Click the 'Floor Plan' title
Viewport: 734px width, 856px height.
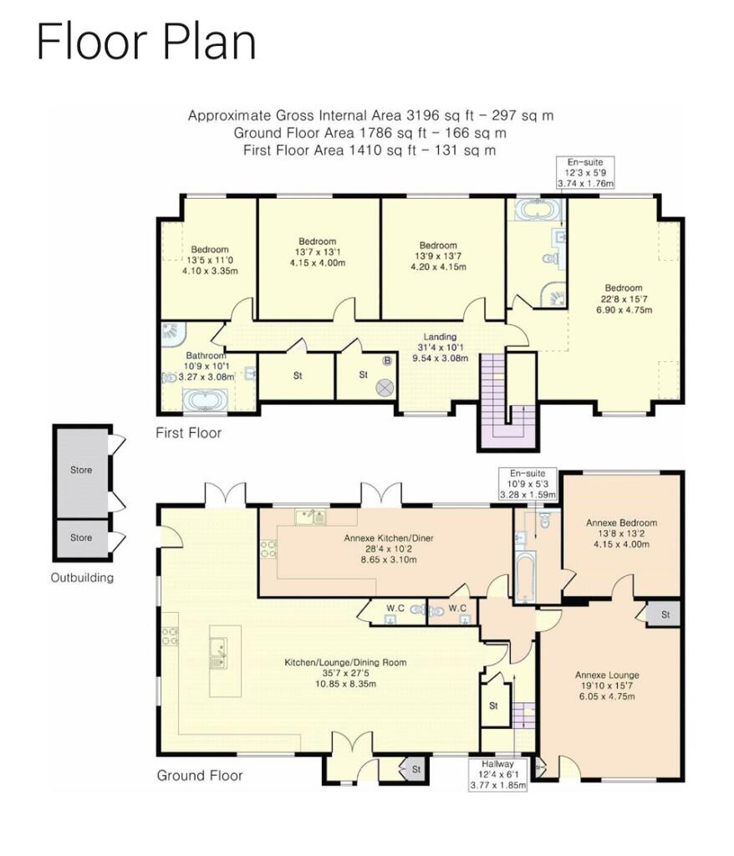pyautogui.click(x=145, y=43)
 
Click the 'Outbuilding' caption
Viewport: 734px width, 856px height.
pyautogui.click(x=81, y=577)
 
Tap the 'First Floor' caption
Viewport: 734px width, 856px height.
pyautogui.click(x=188, y=433)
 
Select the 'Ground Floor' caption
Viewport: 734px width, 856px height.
pyautogui.click(x=200, y=775)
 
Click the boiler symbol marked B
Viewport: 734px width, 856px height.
pyautogui.click(x=386, y=362)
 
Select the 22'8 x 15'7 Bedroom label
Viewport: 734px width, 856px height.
pyautogui.click(x=620, y=299)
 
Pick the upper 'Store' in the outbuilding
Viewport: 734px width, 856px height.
pyautogui.click(x=81, y=470)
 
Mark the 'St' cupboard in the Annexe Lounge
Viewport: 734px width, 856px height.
pyautogui.click(x=665, y=614)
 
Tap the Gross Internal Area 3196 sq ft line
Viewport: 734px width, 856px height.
pyautogui.click(x=370, y=116)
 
